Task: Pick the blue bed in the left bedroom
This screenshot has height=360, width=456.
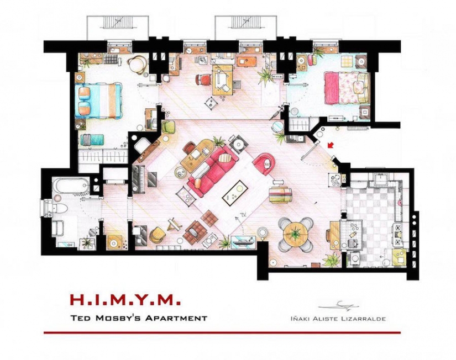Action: coord(99,99)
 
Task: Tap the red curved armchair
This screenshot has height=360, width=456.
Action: coord(264,162)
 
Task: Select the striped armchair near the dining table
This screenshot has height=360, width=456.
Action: coord(280,195)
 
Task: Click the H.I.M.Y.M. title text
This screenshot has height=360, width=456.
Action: coord(125,300)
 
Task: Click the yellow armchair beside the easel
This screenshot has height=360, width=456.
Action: coord(157,234)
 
